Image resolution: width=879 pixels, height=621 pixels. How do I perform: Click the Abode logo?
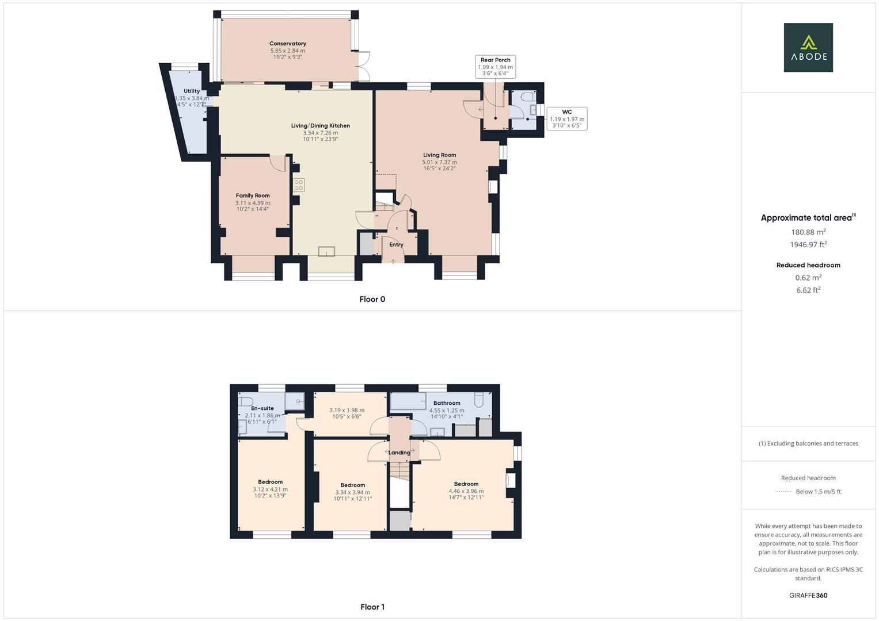[808, 47]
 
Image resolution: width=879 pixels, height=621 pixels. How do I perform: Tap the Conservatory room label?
[288, 44]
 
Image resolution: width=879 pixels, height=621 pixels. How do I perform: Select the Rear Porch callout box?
[495, 67]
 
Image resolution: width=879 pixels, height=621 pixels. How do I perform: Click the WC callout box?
[566, 118]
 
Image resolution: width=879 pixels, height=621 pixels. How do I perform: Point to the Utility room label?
[192, 91]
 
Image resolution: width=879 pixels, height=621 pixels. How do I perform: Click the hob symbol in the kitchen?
[299, 185]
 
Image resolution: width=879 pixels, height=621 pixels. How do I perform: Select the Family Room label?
[252, 195]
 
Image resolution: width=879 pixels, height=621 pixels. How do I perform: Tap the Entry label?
[396, 244]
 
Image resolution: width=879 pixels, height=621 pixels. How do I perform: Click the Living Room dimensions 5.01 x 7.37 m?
[439, 162]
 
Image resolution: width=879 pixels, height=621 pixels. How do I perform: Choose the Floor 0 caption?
[372, 299]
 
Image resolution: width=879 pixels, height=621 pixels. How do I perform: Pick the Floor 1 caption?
[372, 607]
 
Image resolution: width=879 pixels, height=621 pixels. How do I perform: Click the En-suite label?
[262, 408]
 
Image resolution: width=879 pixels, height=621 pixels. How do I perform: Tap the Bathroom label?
[447, 403]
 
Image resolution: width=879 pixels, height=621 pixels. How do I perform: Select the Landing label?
[399, 453]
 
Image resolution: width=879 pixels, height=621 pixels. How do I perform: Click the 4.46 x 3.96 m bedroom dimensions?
[466, 491]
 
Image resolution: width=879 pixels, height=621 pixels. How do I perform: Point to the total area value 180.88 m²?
[808, 232]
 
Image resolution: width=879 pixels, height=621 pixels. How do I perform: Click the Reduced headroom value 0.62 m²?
[808, 277]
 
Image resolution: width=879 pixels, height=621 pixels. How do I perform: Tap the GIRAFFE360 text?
[808, 595]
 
